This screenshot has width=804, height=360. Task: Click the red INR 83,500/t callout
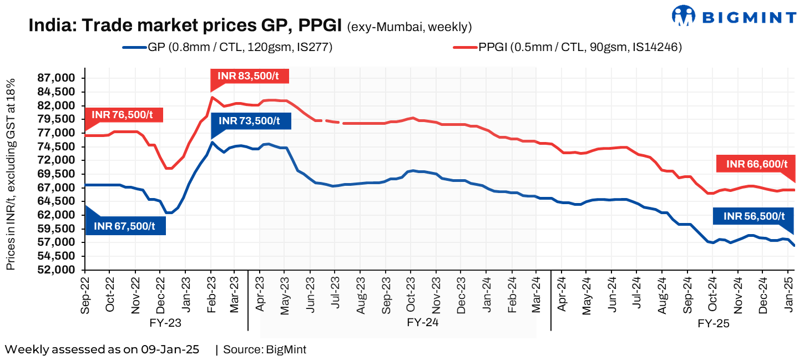tap(248, 76)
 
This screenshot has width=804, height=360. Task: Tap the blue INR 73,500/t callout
tap(249, 121)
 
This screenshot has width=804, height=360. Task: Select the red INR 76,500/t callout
tap(123, 115)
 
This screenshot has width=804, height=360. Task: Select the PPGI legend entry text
tap(580, 48)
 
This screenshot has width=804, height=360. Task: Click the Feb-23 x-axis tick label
tap(212, 295)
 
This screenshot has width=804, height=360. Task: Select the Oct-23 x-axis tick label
tap(411, 295)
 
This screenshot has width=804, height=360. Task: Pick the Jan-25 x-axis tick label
tap(790, 295)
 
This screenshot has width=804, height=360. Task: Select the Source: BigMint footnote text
tap(265, 350)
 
